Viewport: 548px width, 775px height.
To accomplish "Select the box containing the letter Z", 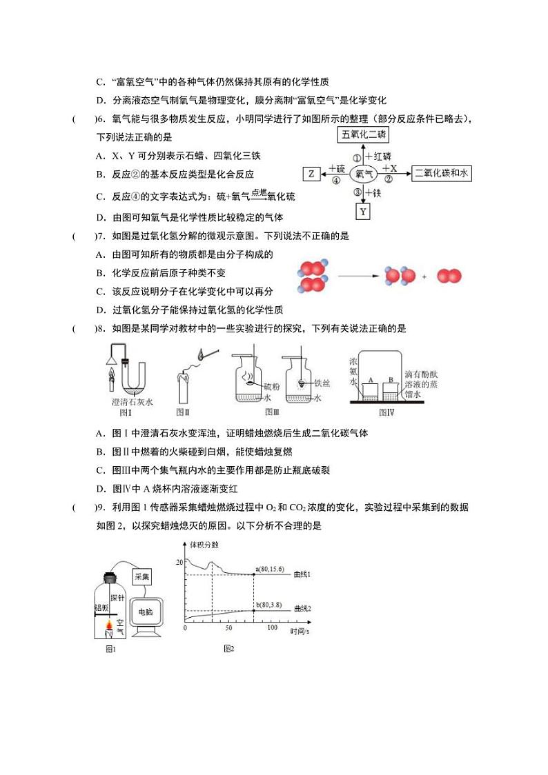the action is click(311, 174).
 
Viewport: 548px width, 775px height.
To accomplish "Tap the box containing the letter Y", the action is click(364, 212).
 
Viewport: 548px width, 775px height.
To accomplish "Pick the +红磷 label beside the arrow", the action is click(378, 156).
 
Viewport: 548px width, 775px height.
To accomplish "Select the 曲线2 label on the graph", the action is click(303, 609).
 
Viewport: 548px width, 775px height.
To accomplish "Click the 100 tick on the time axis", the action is click(272, 628).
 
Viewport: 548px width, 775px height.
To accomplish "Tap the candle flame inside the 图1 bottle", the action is click(110, 625).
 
